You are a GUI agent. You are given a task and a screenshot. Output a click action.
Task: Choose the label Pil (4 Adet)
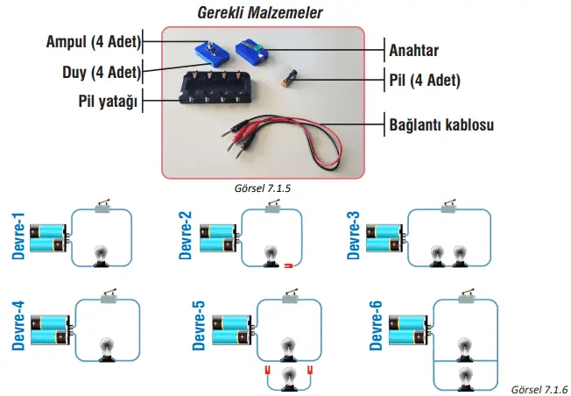coord(425,81)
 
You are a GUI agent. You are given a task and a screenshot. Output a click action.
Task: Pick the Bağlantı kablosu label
coord(441,124)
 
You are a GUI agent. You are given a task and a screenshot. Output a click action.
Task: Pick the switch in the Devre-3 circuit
coord(448,207)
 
